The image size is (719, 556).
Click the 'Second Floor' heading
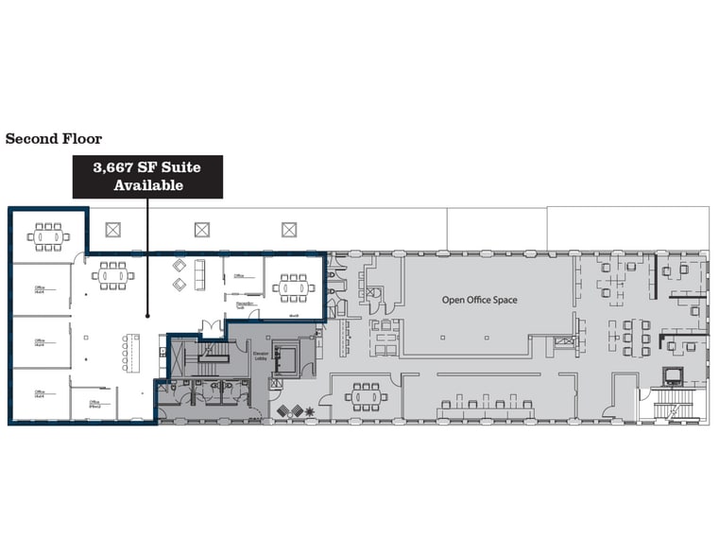pos(54,139)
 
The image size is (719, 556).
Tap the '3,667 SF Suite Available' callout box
pos(147,176)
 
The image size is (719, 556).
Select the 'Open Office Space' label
pos(480,300)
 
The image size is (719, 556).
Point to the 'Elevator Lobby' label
pos(259,356)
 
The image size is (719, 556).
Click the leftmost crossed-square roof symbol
pos(113,229)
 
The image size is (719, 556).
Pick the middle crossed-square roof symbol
pos(201,229)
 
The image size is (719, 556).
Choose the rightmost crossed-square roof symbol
pos(289,229)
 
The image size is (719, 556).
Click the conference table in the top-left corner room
pos(45,235)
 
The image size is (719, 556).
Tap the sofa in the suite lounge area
pos(199,275)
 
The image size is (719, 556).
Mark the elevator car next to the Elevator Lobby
pos(284,359)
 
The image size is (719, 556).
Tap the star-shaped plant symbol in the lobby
pos(310,410)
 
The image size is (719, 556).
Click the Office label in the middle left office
pos(41,341)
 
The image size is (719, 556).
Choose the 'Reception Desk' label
pos(241,304)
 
